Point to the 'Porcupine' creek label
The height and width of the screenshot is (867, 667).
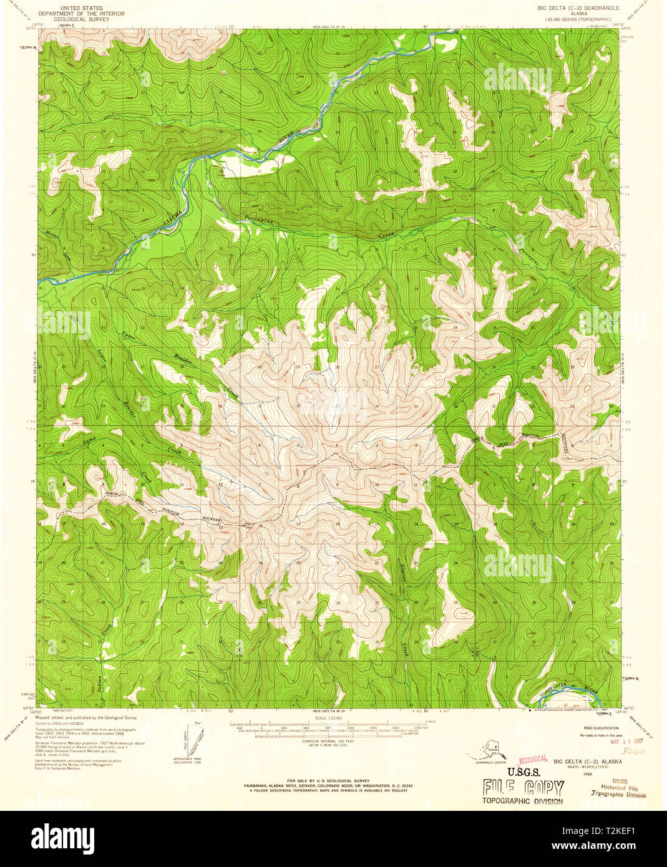pos(258,220)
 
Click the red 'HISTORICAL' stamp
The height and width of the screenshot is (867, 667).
pos(533,759)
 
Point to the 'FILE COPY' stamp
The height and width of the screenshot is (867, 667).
pos(523,787)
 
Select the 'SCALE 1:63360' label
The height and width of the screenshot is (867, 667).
pos(328,718)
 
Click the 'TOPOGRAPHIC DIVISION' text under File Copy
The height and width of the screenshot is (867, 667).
pos(523,802)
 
